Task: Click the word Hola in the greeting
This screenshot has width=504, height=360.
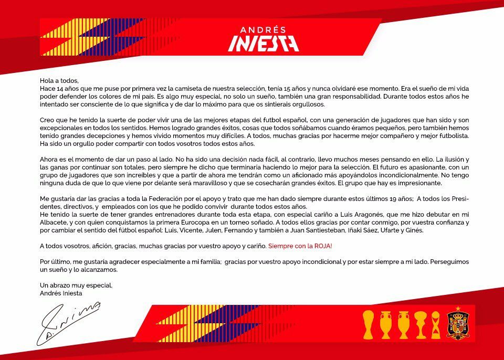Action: [x=47, y=81]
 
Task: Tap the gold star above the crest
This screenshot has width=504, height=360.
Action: [x=457, y=309]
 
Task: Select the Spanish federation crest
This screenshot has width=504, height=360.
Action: [x=457, y=325]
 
